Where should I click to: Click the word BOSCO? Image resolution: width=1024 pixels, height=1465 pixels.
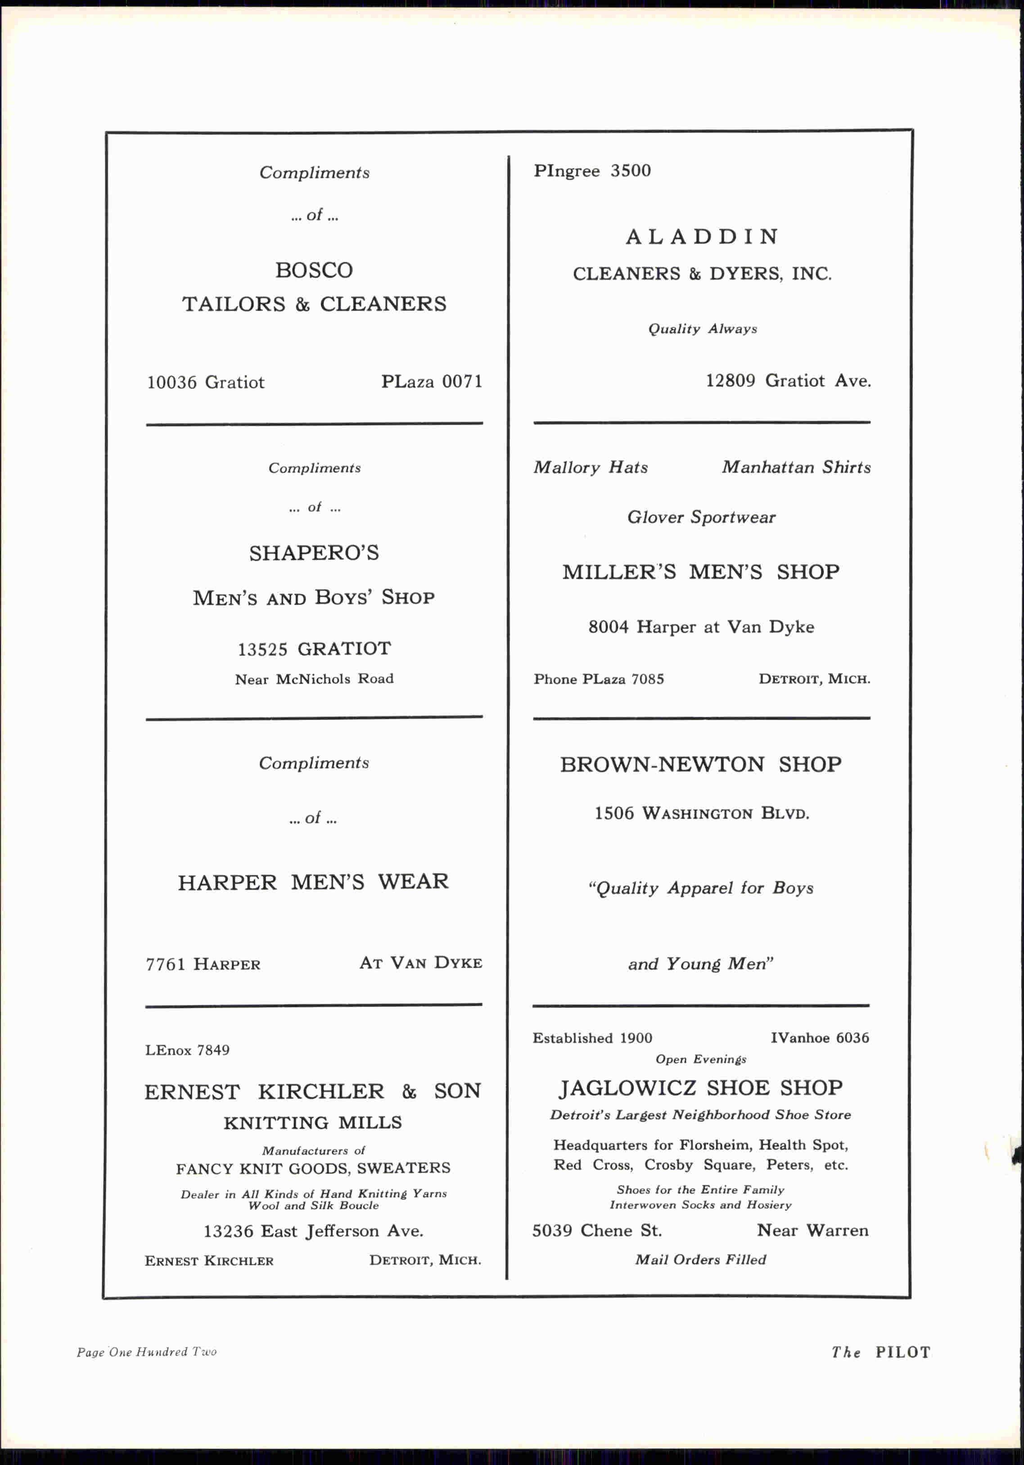click(314, 270)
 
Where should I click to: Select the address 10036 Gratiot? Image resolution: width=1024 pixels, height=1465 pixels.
click(205, 382)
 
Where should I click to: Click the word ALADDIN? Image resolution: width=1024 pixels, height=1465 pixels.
click(702, 237)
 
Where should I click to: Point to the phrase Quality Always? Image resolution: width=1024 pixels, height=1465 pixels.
click(703, 329)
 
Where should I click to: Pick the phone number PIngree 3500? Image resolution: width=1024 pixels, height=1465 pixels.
click(592, 171)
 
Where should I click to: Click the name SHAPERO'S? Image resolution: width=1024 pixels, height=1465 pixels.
click(314, 553)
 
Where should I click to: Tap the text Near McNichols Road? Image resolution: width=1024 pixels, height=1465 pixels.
click(314, 679)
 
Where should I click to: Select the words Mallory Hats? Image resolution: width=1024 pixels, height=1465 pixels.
click(590, 467)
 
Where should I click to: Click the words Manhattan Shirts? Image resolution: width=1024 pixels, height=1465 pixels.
click(796, 467)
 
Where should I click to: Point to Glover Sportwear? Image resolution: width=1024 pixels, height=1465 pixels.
click(701, 517)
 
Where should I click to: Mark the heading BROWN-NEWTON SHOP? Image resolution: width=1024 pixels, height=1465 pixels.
click(700, 764)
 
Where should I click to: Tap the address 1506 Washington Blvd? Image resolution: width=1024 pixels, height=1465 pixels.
click(701, 814)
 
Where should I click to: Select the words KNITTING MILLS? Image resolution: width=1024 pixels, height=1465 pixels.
click(313, 1122)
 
